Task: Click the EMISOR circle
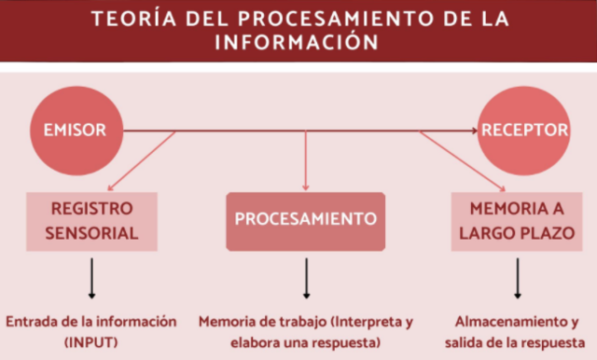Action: [74, 130]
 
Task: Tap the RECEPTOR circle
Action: [524, 130]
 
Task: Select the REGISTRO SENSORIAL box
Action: [91, 221]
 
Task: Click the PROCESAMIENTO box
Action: [305, 220]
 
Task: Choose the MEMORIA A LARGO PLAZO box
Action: [516, 221]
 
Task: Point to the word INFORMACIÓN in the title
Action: [298, 43]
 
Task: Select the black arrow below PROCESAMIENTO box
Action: [306, 275]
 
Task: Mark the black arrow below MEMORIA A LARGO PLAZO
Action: [516, 275]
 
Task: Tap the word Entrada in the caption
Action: [30, 321]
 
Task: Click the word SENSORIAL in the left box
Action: [91, 232]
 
